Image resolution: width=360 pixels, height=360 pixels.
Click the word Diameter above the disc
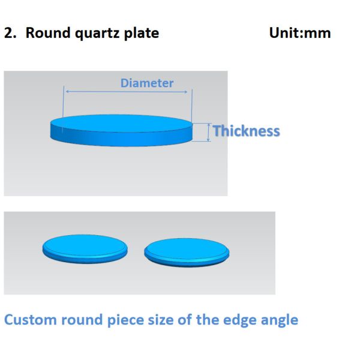147,83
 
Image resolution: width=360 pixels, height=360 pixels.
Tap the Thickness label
246,131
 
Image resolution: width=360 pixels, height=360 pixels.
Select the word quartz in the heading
97,34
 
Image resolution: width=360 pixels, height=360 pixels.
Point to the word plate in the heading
142,33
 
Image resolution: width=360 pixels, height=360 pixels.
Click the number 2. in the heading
10,33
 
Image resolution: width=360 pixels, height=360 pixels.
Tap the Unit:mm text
300,33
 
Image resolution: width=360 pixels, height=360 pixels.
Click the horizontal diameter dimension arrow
127,92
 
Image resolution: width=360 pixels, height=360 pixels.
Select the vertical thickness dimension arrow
208,132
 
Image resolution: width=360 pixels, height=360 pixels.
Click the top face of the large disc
121,123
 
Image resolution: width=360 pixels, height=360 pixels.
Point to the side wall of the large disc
121,139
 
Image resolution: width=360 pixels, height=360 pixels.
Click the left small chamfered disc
85,249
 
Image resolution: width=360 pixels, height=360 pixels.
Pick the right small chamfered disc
187,253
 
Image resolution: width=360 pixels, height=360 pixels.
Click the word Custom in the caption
31,320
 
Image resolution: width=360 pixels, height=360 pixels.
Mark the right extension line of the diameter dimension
192,104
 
